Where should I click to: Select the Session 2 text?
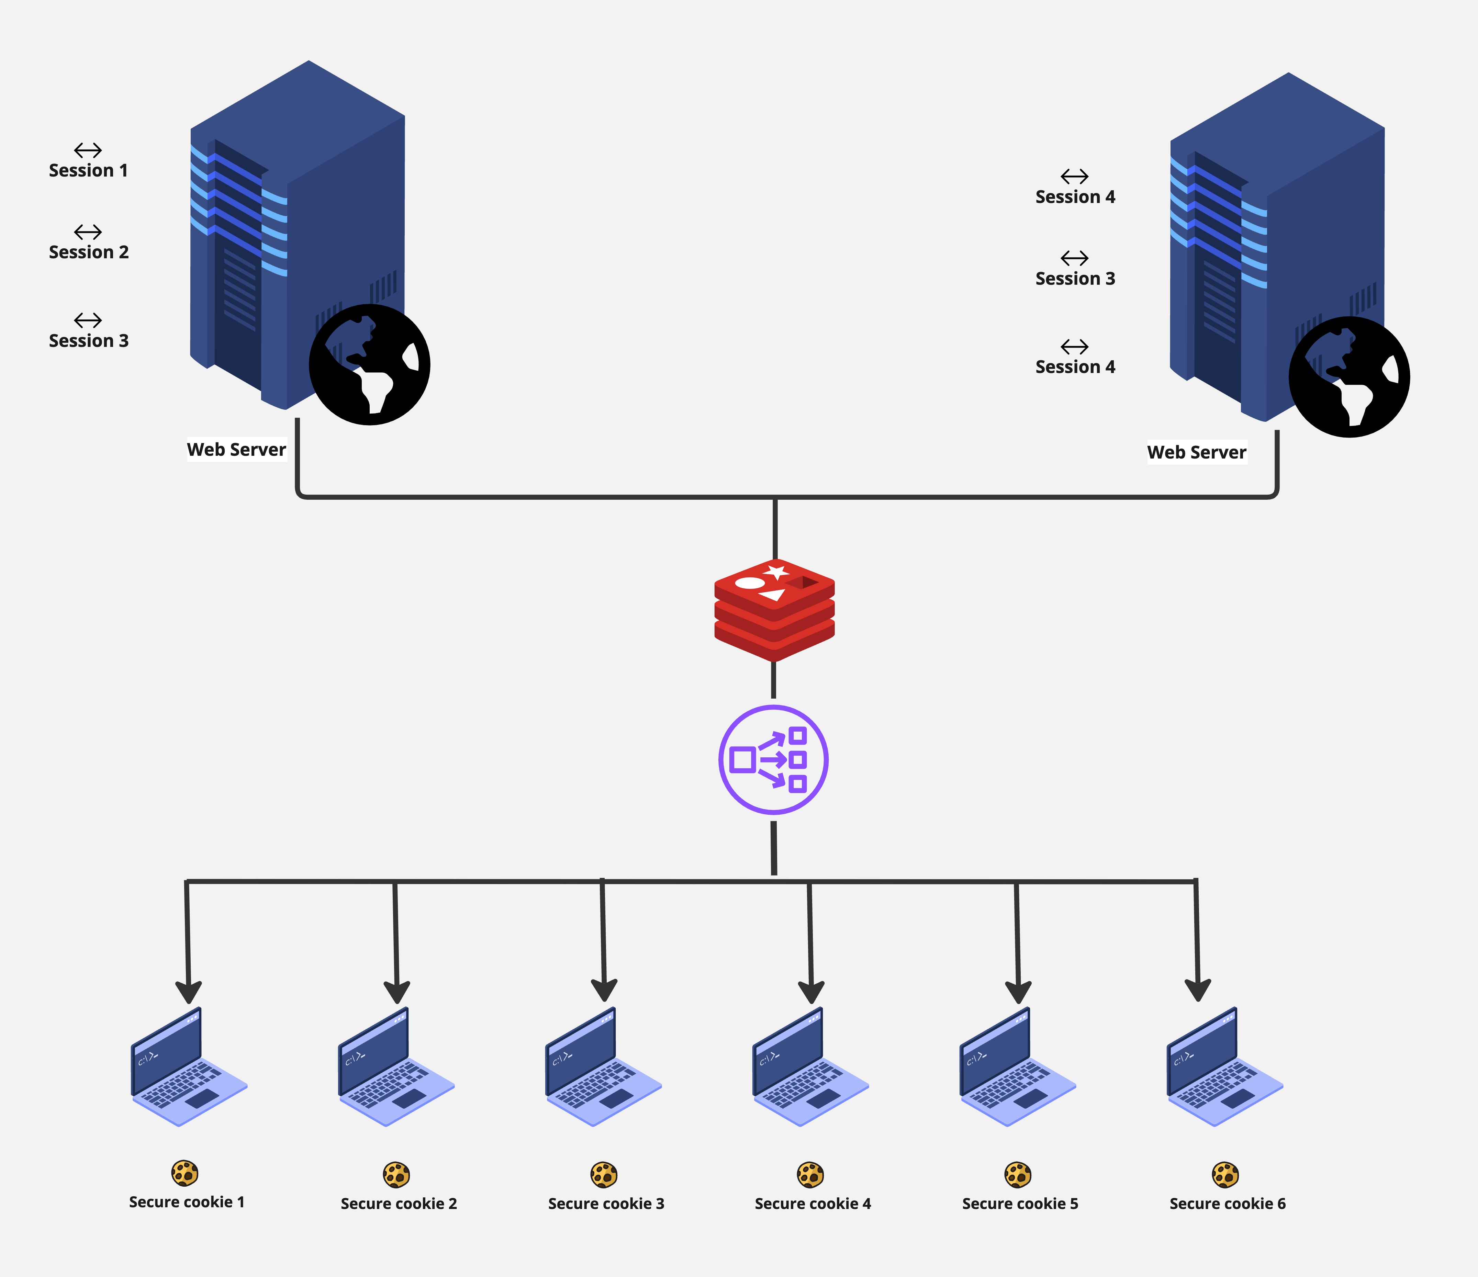(x=88, y=252)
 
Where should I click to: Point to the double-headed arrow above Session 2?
(x=88, y=232)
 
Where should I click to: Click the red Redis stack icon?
(x=775, y=610)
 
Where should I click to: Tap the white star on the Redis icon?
(x=776, y=572)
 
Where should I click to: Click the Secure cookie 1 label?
(x=187, y=1202)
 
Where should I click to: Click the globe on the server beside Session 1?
(x=370, y=365)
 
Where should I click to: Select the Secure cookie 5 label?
(x=1020, y=1203)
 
